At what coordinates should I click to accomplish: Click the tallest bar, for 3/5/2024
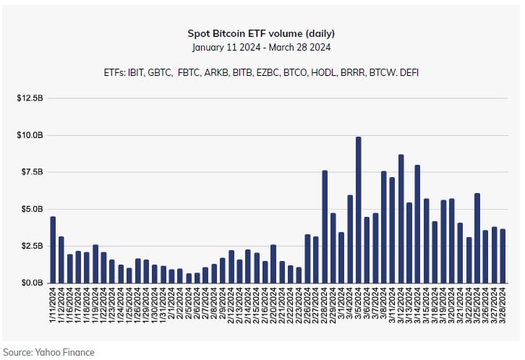(358, 210)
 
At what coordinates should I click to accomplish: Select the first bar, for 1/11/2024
(53, 249)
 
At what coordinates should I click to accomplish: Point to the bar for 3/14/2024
(417, 224)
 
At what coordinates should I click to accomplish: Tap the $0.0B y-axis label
(30, 283)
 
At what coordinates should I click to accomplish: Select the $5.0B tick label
(30, 209)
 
